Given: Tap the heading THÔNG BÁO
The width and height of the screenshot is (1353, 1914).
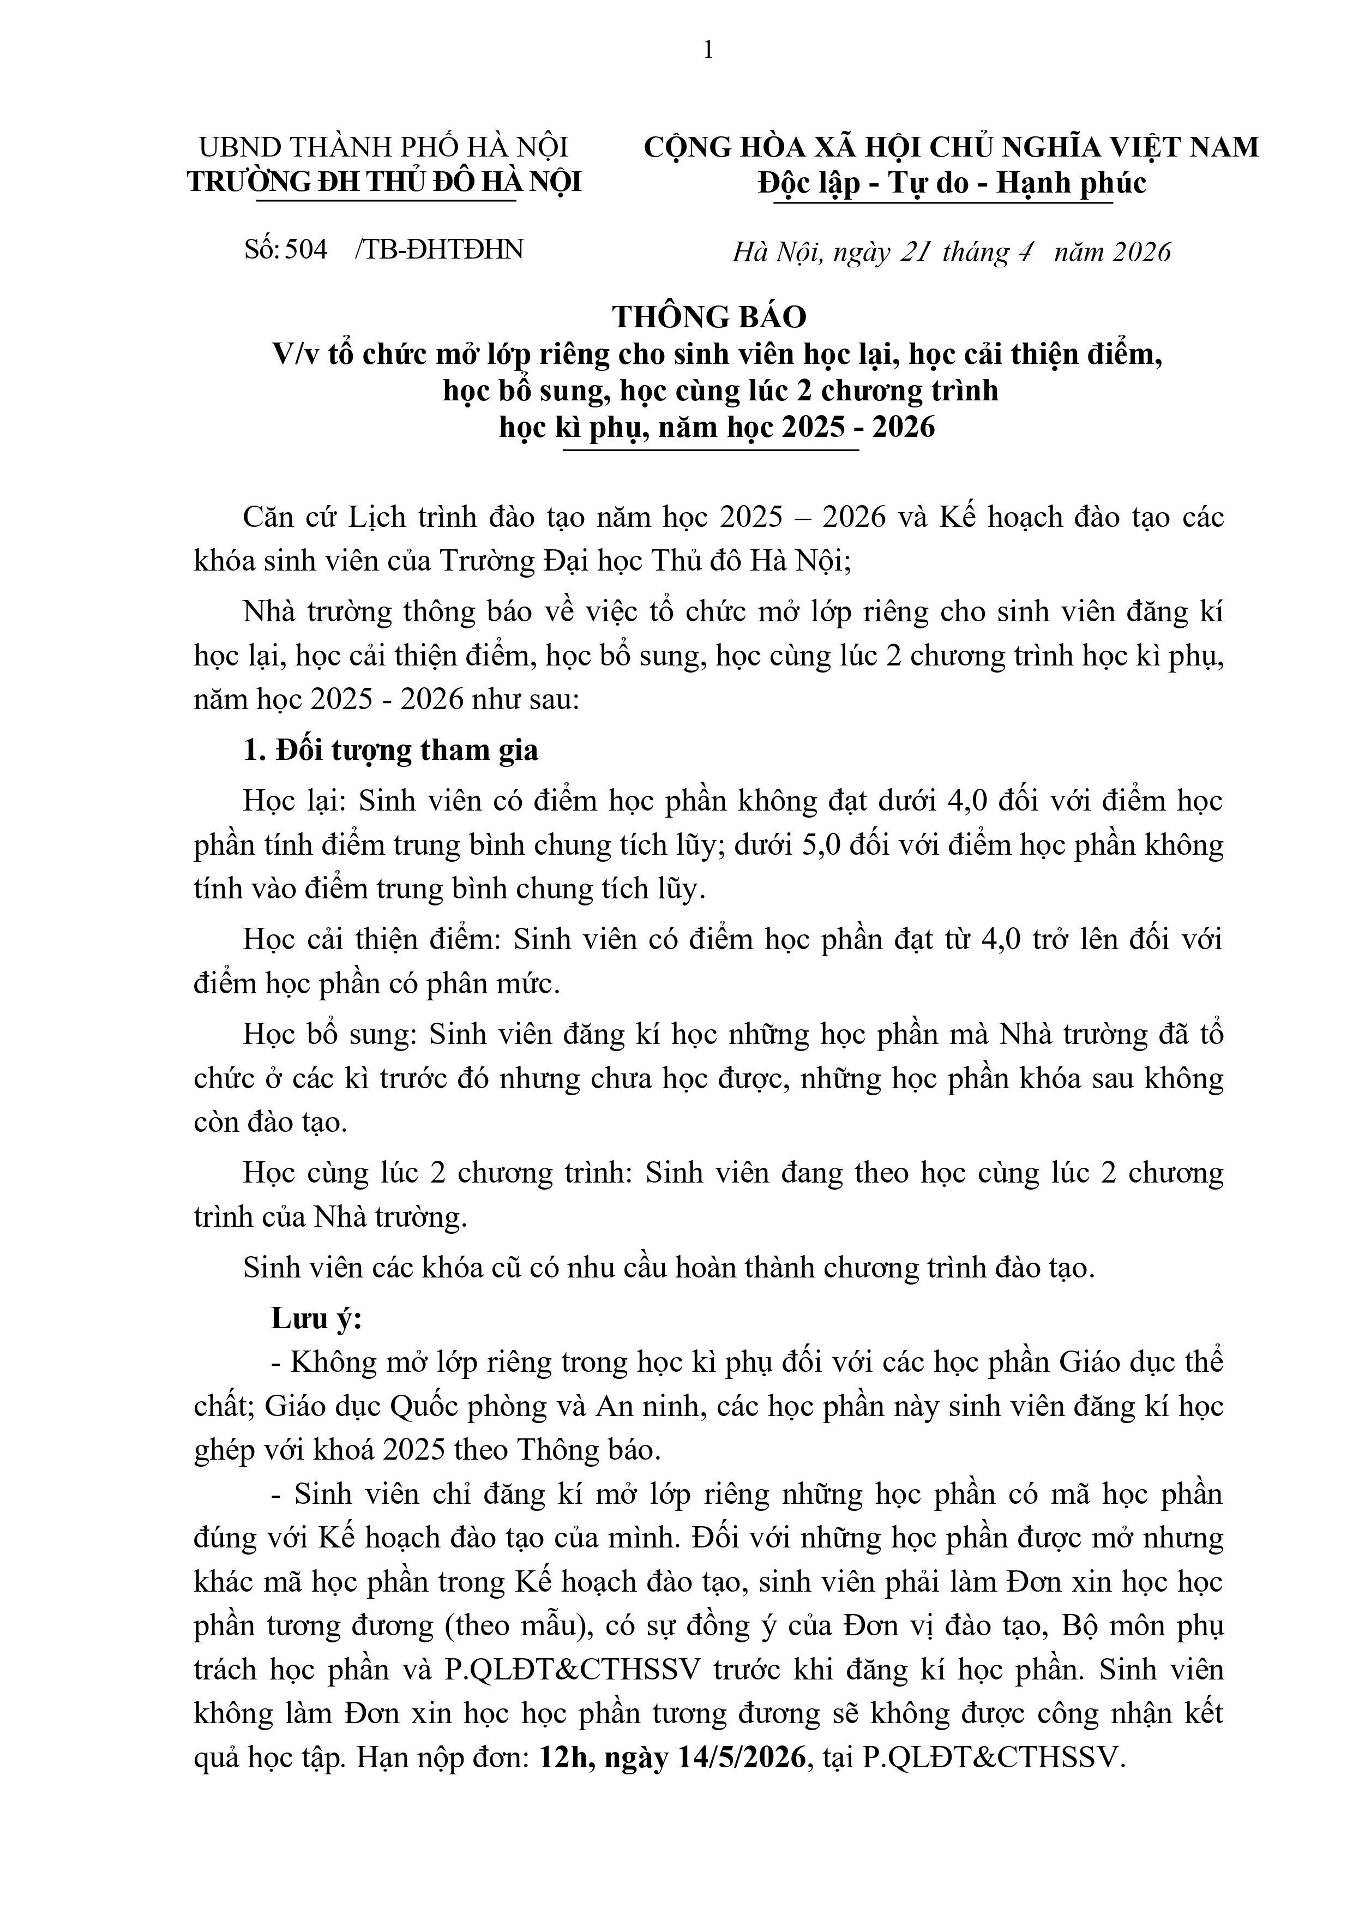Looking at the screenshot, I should [x=709, y=317].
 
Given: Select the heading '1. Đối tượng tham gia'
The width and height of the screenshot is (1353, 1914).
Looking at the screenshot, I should [x=390, y=750].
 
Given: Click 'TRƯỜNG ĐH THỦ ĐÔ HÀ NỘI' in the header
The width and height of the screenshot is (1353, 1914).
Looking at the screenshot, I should [x=384, y=183].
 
